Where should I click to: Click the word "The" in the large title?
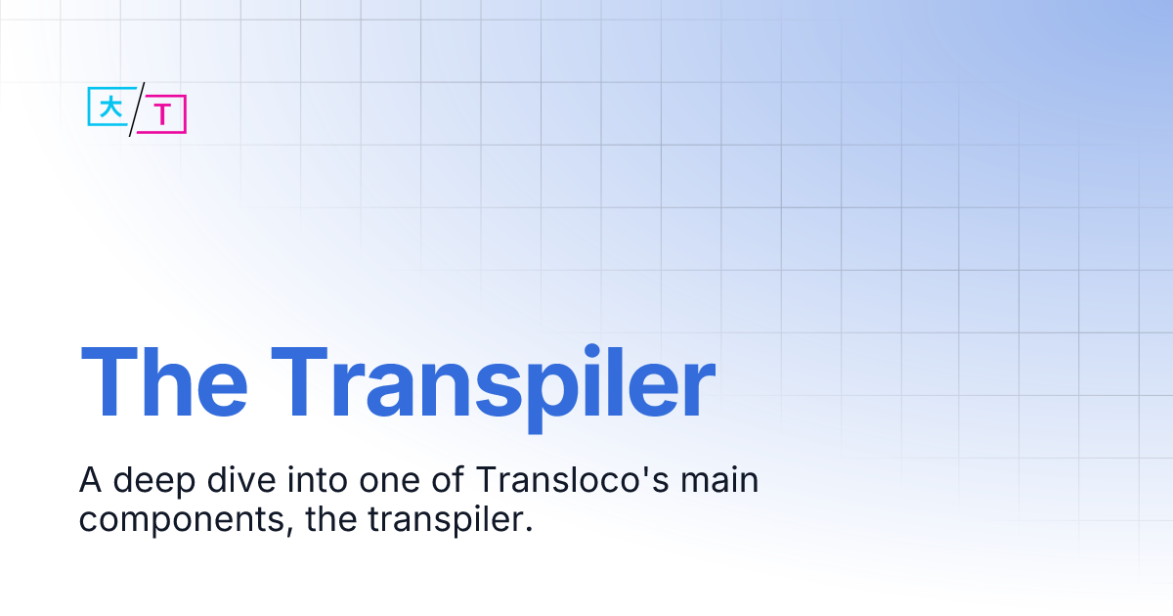[x=164, y=382]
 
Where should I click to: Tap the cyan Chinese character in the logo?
[x=110, y=107]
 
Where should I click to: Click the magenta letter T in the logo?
[x=162, y=114]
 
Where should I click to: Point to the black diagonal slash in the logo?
[x=137, y=109]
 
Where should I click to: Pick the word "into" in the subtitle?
[x=318, y=479]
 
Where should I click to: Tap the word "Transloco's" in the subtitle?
[x=572, y=479]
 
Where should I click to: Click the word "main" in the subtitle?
[x=719, y=479]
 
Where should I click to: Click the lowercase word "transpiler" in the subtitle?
[x=451, y=520]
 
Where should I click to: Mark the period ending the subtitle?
[x=529, y=529]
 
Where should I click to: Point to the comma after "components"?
[x=289, y=531]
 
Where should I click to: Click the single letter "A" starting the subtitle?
[x=90, y=479]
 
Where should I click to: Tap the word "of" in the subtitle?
[x=448, y=479]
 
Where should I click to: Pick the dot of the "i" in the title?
[x=592, y=351]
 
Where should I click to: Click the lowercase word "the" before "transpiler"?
[x=331, y=518]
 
